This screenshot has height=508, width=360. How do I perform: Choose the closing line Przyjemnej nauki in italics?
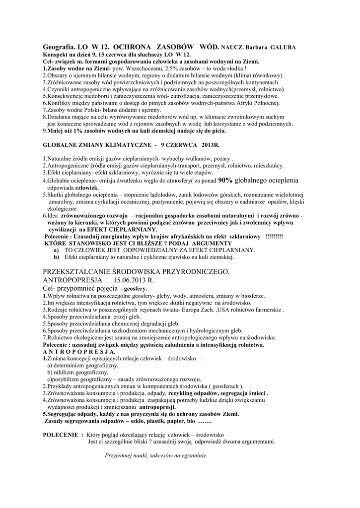coord(156,455)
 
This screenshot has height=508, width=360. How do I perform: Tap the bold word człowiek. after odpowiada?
coord(86,189)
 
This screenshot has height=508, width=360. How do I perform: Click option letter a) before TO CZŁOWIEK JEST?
coord(56,251)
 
